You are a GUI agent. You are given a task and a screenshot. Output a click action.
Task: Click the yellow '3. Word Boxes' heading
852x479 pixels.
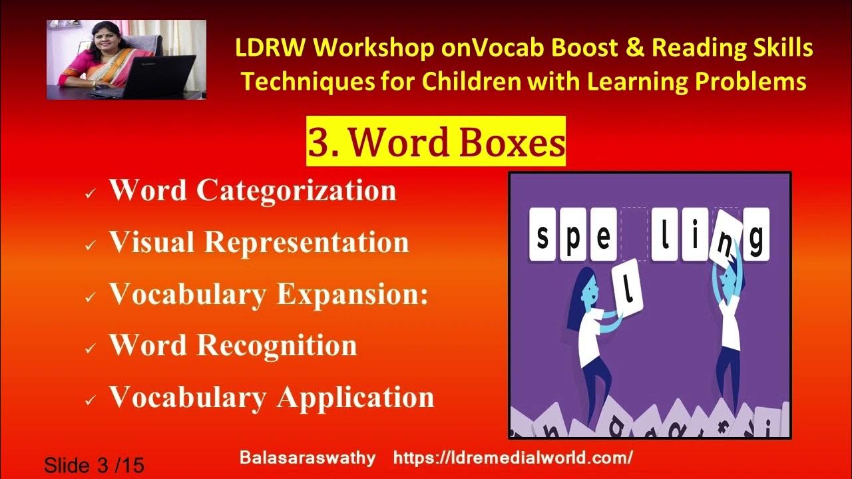[435, 142]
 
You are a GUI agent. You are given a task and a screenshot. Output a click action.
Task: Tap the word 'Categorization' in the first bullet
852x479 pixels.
[296, 191]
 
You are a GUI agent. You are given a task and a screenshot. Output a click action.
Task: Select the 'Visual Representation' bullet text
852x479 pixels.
[258, 242]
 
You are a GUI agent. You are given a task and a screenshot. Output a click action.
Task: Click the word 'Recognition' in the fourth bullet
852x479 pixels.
[276, 346]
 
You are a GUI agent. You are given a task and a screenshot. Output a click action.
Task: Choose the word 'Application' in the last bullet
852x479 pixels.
[355, 397]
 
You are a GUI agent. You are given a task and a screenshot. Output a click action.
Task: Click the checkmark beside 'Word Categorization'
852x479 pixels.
[90, 194]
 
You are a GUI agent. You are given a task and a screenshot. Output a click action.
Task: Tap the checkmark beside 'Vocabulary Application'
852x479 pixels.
[90, 400]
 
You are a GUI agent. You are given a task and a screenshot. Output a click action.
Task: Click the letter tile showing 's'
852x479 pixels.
[543, 234]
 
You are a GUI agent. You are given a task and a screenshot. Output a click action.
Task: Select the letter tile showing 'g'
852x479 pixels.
[755, 234]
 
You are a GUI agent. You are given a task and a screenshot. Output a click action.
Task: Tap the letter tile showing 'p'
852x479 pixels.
[573, 234]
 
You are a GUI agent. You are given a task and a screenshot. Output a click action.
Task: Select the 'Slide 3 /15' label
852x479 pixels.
[94, 464]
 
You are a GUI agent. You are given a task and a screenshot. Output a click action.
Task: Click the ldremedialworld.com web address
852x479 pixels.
[513, 458]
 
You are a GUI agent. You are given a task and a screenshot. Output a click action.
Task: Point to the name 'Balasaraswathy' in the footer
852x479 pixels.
[307, 458]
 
